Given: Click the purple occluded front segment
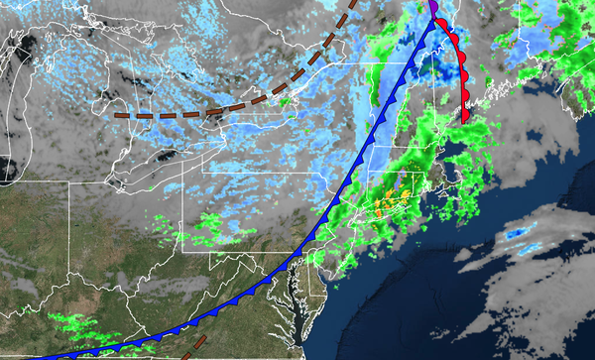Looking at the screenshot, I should (x=433, y=8).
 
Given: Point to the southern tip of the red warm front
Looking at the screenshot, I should (x=465, y=120).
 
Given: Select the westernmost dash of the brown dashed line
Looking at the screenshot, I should (x=122, y=115).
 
